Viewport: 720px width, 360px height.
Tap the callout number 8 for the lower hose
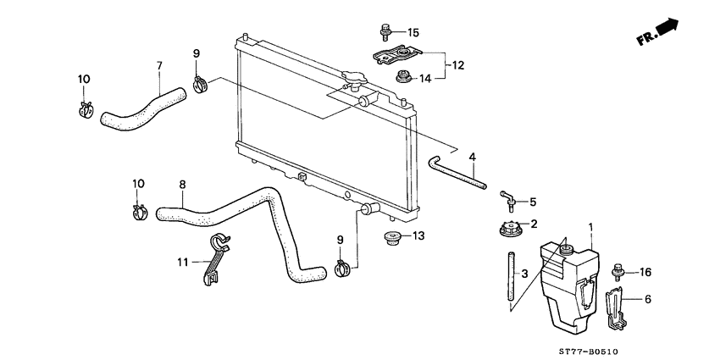[181, 184]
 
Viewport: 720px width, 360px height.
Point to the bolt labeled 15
[384, 33]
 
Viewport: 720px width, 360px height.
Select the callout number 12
[457, 64]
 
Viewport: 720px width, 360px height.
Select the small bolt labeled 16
[618, 271]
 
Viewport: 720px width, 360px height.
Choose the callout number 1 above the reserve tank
[591, 228]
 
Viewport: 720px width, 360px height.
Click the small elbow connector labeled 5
[507, 201]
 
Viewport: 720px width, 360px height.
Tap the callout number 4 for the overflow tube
[473, 156]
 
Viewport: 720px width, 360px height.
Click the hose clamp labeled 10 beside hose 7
[85, 109]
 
